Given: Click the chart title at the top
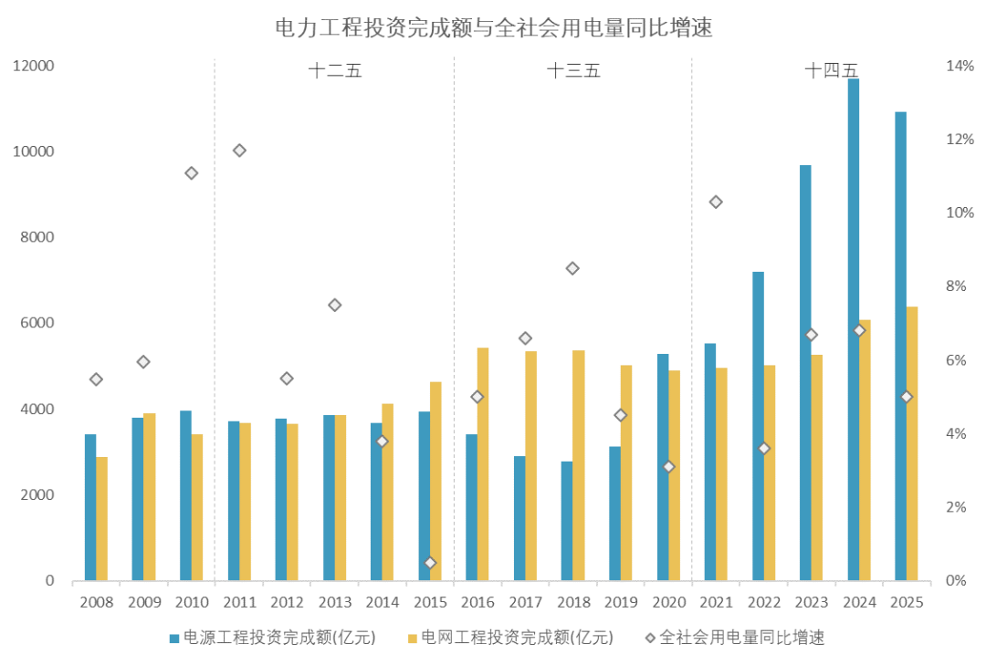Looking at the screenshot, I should pyautogui.click(x=493, y=28).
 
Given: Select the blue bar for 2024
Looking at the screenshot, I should pyautogui.click(x=853, y=329).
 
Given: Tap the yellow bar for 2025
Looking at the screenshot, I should pyautogui.click(x=912, y=443).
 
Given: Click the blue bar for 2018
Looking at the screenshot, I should pyautogui.click(x=567, y=521).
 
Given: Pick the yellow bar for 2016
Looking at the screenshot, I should pyautogui.click(x=483, y=464).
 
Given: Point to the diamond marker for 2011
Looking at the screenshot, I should pyautogui.click(x=239, y=151).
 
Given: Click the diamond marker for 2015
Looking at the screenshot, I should pyautogui.click(x=430, y=563).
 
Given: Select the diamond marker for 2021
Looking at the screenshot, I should pyautogui.click(x=716, y=202).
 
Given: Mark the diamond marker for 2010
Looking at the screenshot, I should pyautogui.click(x=192, y=173).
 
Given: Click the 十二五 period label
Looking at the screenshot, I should pyautogui.click(x=334, y=71).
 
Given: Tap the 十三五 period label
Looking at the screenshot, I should pyautogui.click(x=572, y=71).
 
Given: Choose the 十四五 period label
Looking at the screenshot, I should pyautogui.click(x=831, y=71).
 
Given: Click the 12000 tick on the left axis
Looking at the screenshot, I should pyautogui.click(x=34, y=67).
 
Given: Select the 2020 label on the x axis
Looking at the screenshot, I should pyautogui.click(x=668, y=603).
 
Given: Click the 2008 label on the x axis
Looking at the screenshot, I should pyautogui.click(x=96, y=603).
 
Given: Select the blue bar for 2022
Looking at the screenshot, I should pyautogui.click(x=758, y=426).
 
